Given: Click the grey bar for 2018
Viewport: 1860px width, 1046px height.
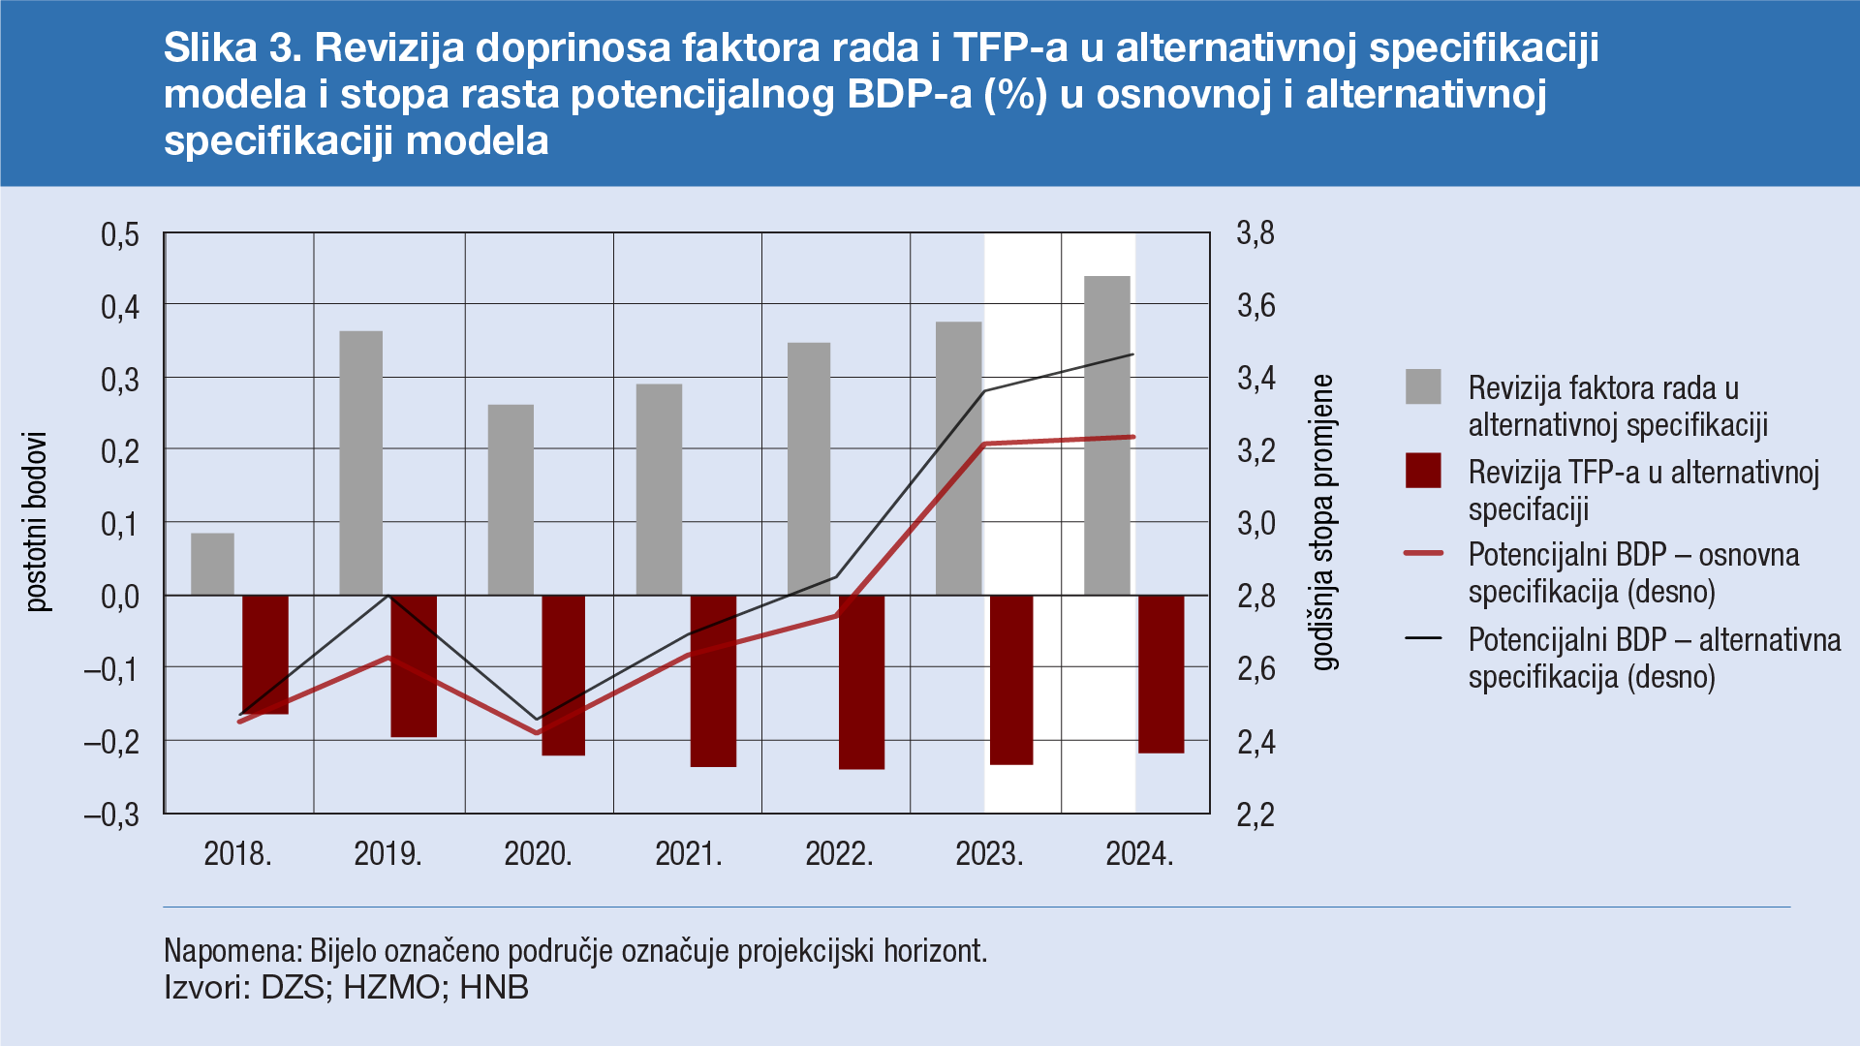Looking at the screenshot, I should click(212, 564).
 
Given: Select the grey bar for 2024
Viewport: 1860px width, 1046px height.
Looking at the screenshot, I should click(1107, 436).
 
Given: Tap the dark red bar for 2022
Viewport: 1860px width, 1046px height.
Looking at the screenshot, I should click(861, 682).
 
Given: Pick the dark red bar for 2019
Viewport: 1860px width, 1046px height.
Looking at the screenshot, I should click(414, 666).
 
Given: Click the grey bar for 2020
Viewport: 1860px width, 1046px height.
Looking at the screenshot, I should click(511, 500).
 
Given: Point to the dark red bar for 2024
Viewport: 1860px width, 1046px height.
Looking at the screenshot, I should click(1161, 674).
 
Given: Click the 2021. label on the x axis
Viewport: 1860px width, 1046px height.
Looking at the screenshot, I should click(689, 854).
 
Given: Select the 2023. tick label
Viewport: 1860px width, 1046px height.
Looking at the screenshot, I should click(989, 854).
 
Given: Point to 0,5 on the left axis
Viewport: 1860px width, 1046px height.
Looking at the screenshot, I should click(120, 234).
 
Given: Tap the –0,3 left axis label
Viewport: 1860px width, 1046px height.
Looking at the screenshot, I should click(112, 815).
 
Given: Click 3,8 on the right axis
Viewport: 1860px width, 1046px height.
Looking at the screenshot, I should click(1255, 233).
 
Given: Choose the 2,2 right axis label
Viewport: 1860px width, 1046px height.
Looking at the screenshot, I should click(1255, 815).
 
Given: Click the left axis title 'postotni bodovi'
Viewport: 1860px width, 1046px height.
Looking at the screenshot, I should click(37, 521).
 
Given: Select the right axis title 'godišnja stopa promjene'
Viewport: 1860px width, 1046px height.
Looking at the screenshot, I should click(1323, 523).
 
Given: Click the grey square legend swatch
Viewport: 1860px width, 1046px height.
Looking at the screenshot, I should click(1423, 386).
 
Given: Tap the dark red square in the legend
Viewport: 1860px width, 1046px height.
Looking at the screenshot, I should click(1423, 471).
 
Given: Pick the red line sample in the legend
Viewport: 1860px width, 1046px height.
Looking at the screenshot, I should click(1423, 553).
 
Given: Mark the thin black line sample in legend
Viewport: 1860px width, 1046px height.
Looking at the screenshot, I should click(1423, 638).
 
